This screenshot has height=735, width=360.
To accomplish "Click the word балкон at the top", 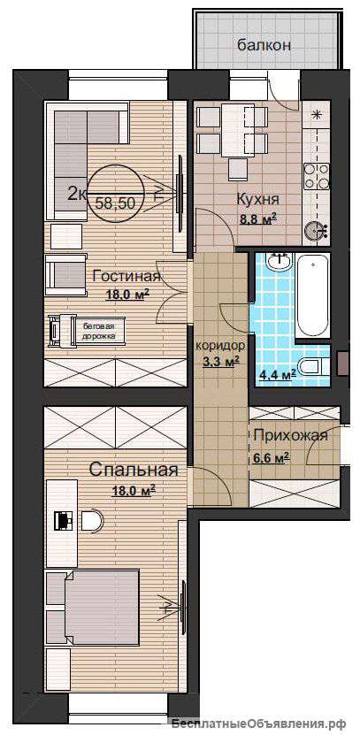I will pyautogui.click(x=264, y=44).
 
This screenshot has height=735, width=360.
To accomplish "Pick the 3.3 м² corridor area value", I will pyautogui.click(x=222, y=361).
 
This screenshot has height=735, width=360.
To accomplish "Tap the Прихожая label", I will pyautogui.click(x=290, y=435).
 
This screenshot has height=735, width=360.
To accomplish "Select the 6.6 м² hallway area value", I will pyautogui.click(x=270, y=457).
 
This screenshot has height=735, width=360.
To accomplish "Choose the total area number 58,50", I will pyautogui.click(x=115, y=202).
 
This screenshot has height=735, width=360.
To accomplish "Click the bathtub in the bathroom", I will pyautogui.click(x=312, y=296).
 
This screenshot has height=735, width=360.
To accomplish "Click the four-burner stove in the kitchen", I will pyautogui.click(x=314, y=175).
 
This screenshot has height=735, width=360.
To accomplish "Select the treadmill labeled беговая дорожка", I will pyautogui.click(x=88, y=329).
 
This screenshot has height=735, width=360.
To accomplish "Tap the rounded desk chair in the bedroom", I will pyautogui.click(x=93, y=523).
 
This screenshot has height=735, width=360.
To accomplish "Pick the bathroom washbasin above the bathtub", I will pyautogui.click(x=280, y=260).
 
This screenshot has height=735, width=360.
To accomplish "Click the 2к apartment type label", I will pyautogui.click(x=76, y=192).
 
